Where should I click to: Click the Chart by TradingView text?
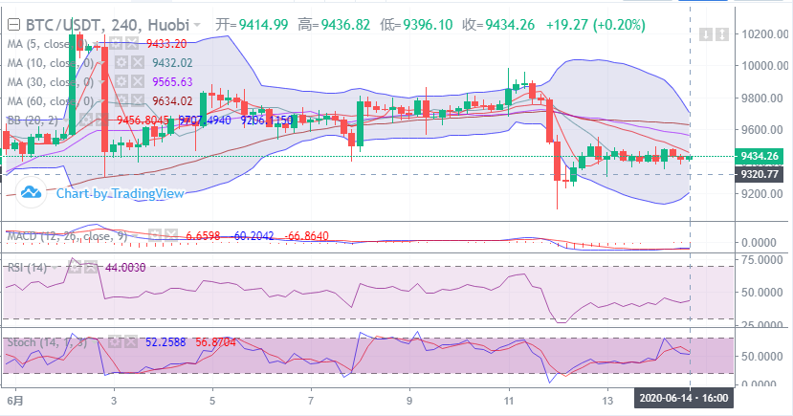pyautogui.click(x=120, y=193)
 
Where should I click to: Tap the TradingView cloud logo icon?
pyautogui.click(x=32, y=193)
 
